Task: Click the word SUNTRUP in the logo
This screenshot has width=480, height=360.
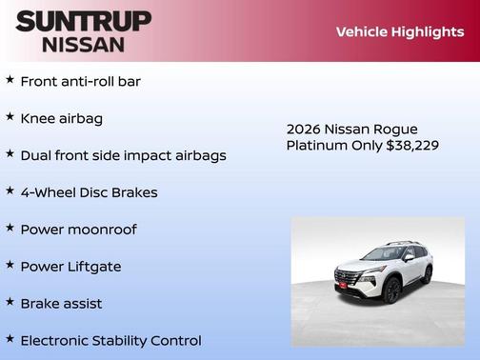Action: [x=83, y=20]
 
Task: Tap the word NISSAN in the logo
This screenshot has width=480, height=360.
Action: [x=83, y=43]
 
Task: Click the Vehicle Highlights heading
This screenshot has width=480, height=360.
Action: [x=399, y=31]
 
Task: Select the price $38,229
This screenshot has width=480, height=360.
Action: [x=412, y=145]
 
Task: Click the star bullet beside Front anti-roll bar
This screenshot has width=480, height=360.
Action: [x=10, y=80]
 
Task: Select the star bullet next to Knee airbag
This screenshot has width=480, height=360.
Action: [x=10, y=117]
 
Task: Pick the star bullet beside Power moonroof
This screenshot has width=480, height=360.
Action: [x=10, y=229]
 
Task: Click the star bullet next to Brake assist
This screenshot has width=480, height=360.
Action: [x=10, y=302]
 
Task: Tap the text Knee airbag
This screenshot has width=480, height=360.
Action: [x=62, y=118]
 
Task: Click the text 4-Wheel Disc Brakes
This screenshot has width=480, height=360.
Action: [x=89, y=192]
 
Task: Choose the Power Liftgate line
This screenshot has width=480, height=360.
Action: [x=70, y=267]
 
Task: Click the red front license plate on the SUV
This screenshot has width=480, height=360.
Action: [x=343, y=284]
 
